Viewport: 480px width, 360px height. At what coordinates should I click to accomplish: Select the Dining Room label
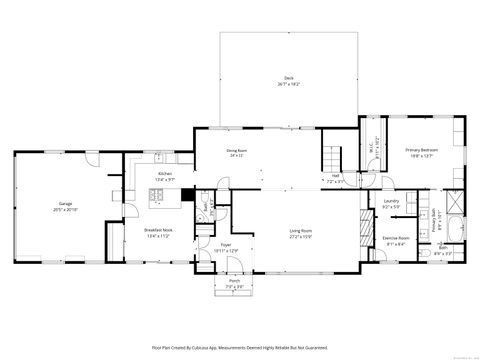[237, 153]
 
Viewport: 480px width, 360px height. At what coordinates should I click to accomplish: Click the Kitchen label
[164, 176]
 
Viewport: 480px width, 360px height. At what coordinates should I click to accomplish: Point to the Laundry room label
[392, 203]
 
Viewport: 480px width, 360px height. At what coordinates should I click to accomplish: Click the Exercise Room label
[395, 240]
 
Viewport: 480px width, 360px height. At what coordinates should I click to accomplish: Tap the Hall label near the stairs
[336, 178]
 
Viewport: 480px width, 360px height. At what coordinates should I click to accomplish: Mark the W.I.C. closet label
[376, 141]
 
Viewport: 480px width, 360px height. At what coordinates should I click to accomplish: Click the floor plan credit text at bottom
[239, 347]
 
